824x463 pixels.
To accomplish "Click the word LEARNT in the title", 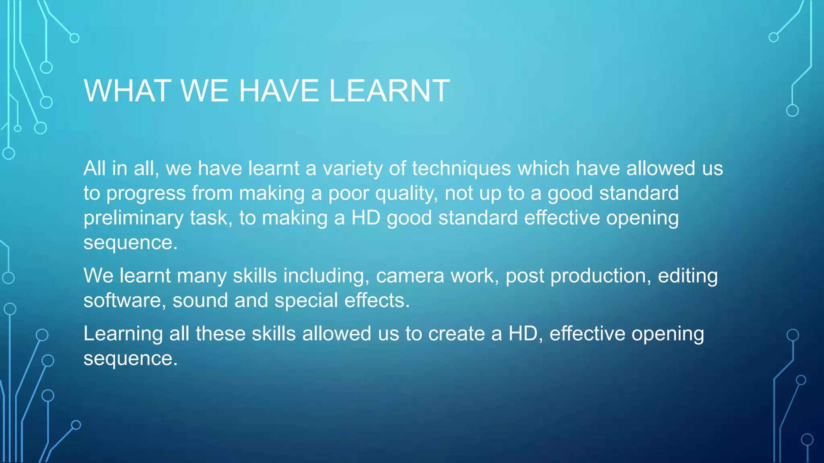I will pyautogui.click(x=389, y=91).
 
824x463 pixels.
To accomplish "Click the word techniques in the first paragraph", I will pyautogui.click(x=461, y=168).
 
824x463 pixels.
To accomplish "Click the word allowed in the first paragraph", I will pyautogui.click(x=660, y=168).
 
